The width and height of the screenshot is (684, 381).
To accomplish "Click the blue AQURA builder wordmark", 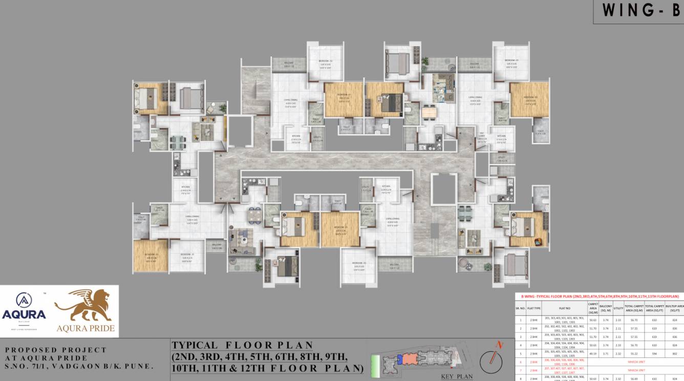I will coord(24,314).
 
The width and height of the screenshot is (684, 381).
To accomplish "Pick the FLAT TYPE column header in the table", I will coord(534,308).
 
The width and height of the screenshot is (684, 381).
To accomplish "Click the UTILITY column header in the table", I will coord(618,308).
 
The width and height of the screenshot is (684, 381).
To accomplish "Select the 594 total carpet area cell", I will coord(654,353).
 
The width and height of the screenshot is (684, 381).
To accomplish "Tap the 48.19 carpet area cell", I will coord(592,353).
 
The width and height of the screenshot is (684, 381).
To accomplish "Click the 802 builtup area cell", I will coord(674,353).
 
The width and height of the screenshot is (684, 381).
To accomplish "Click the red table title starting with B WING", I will coord(600,296).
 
